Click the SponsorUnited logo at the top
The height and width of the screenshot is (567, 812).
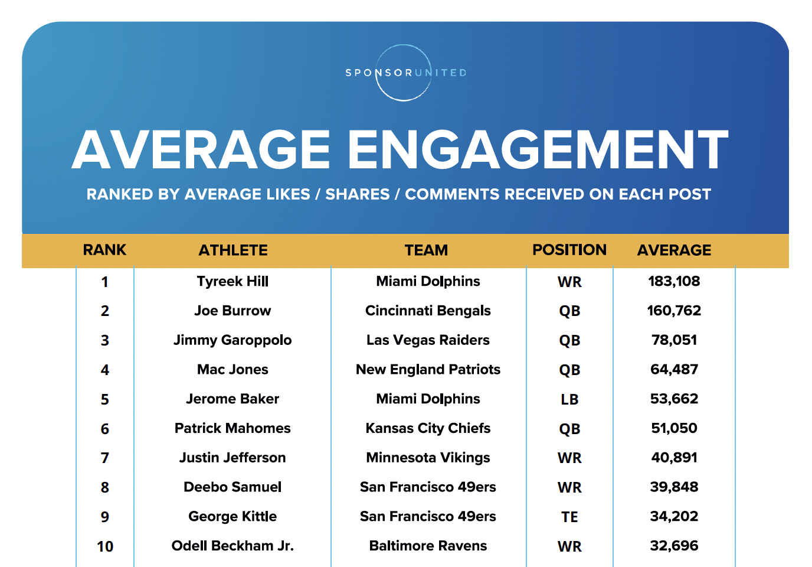[x=405, y=73]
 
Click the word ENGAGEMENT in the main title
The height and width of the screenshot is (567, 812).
[x=538, y=150]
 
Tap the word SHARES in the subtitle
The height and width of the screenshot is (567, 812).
[x=358, y=194]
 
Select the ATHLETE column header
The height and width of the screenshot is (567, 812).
[x=233, y=250]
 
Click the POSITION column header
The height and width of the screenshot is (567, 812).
[x=569, y=250]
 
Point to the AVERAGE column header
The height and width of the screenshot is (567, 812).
[x=674, y=250]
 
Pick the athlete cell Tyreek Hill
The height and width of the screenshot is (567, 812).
[x=233, y=282]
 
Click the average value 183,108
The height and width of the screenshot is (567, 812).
[x=674, y=281]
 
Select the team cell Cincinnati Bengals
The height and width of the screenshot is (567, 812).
[x=428, y=311]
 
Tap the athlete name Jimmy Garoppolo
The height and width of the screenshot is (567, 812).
[x=233, y=340]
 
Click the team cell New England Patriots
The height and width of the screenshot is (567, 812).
[x=428, y=370]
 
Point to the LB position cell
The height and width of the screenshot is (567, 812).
[x=569, y=400]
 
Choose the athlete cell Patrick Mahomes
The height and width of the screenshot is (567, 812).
[x=233, y=428]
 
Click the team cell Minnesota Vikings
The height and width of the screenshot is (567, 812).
[x=428, y=458]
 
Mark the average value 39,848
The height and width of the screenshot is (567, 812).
[x=674, y=487]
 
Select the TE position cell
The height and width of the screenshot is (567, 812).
[x=569, y=517]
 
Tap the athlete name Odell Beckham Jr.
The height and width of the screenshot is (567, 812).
[x=233, y=546]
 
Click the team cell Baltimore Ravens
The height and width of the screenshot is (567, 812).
[x=428, y=546]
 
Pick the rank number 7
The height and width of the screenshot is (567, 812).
[x=105, y=458]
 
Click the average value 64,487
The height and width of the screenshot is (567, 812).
[x=674, y=370]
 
